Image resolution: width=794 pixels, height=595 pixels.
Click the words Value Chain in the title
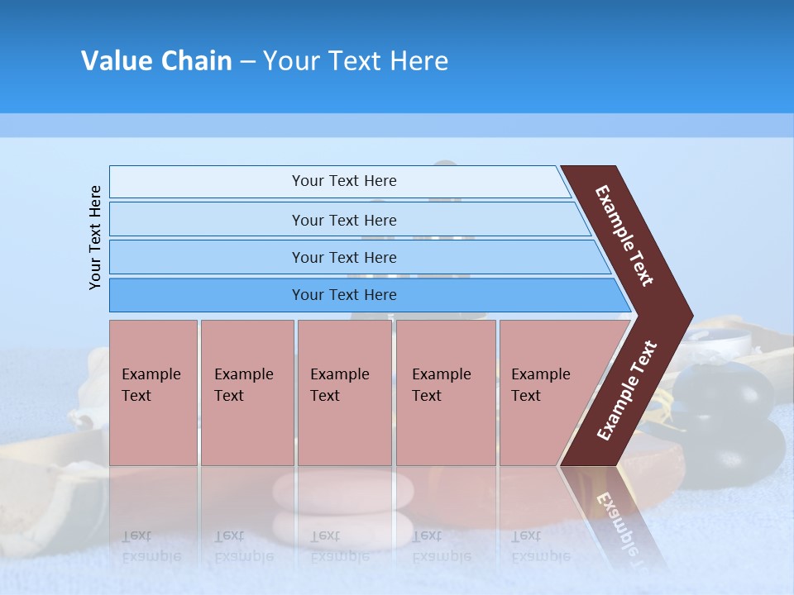(156, 61)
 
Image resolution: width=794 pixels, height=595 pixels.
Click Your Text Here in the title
(356, 61)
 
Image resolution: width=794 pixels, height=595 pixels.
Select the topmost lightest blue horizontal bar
(343, 181)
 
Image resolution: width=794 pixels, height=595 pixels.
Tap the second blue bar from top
(343, 220)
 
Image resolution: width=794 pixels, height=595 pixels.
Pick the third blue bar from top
(343, 257)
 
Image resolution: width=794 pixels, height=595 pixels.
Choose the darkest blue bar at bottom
(343, 295)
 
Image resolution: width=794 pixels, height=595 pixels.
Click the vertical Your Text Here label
(95, 237)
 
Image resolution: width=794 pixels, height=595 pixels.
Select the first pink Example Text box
(153, 392)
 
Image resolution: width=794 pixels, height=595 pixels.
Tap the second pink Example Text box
(246, 392)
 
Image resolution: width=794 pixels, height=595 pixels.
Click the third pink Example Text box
(344, 392)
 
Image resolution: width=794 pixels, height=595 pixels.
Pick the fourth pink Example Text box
(445, 392)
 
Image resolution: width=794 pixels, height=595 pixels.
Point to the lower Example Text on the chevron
(627, 390)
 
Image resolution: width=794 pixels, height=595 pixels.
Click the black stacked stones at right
(728, 421)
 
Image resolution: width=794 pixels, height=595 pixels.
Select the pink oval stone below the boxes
(343, 491)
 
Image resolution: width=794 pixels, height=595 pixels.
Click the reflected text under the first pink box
(151, 545)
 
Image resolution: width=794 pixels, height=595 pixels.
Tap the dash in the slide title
(247, 61)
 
